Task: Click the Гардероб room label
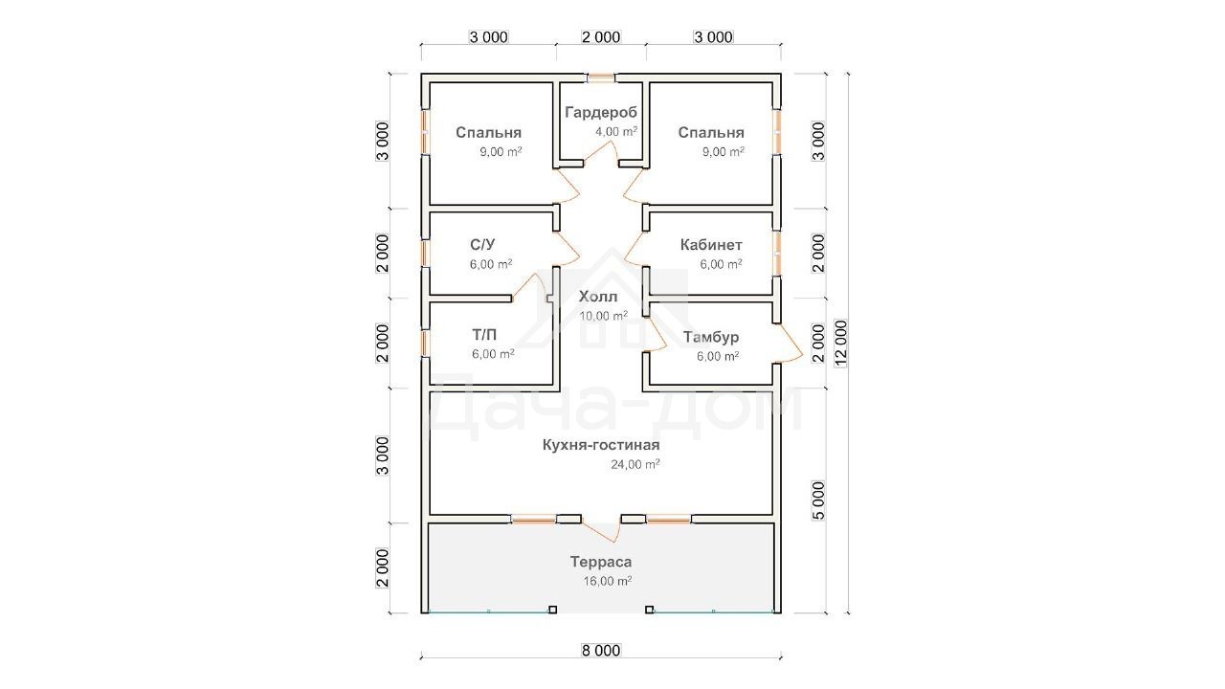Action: click(601, 113)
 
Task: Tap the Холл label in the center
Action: click(598, 297)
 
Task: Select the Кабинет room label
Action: click(711, 244)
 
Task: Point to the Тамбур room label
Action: click(711, 338)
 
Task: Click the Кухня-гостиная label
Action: click(601, 445)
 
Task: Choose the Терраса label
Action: click(601, 562)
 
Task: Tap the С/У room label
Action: click(482, 244)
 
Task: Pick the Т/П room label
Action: click(484, 334)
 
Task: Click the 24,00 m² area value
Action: click(635, 464)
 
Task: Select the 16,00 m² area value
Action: click(607, 581)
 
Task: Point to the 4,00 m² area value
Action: click(616, 131)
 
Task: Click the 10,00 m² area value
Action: click(603, 316)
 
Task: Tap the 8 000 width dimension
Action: click(601, 650)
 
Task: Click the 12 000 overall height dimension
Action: click(840, 344)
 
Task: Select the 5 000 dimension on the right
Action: click(818, 500)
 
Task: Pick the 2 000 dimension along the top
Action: click(601, 37)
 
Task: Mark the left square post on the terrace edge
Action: click(553, 610)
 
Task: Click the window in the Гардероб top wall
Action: click(601, 78)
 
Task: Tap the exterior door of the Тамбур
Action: click(789, 344)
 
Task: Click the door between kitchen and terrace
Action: click(600, 528)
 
